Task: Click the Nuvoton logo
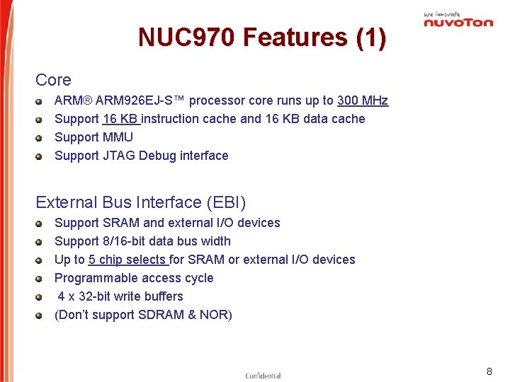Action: click(458, 20)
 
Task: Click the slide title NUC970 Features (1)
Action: click(262, 37)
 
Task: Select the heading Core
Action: click(53, 81)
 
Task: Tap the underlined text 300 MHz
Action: click(363, 100)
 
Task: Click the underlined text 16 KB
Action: click(120, 119)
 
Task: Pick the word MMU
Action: click(118, 137)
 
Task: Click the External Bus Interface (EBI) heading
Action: click(141, 202)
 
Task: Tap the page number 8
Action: click(489, 371)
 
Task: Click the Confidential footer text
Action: click(263, 376)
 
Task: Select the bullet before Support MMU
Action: click(42, 138)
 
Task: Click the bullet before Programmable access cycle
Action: click(42, 279)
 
